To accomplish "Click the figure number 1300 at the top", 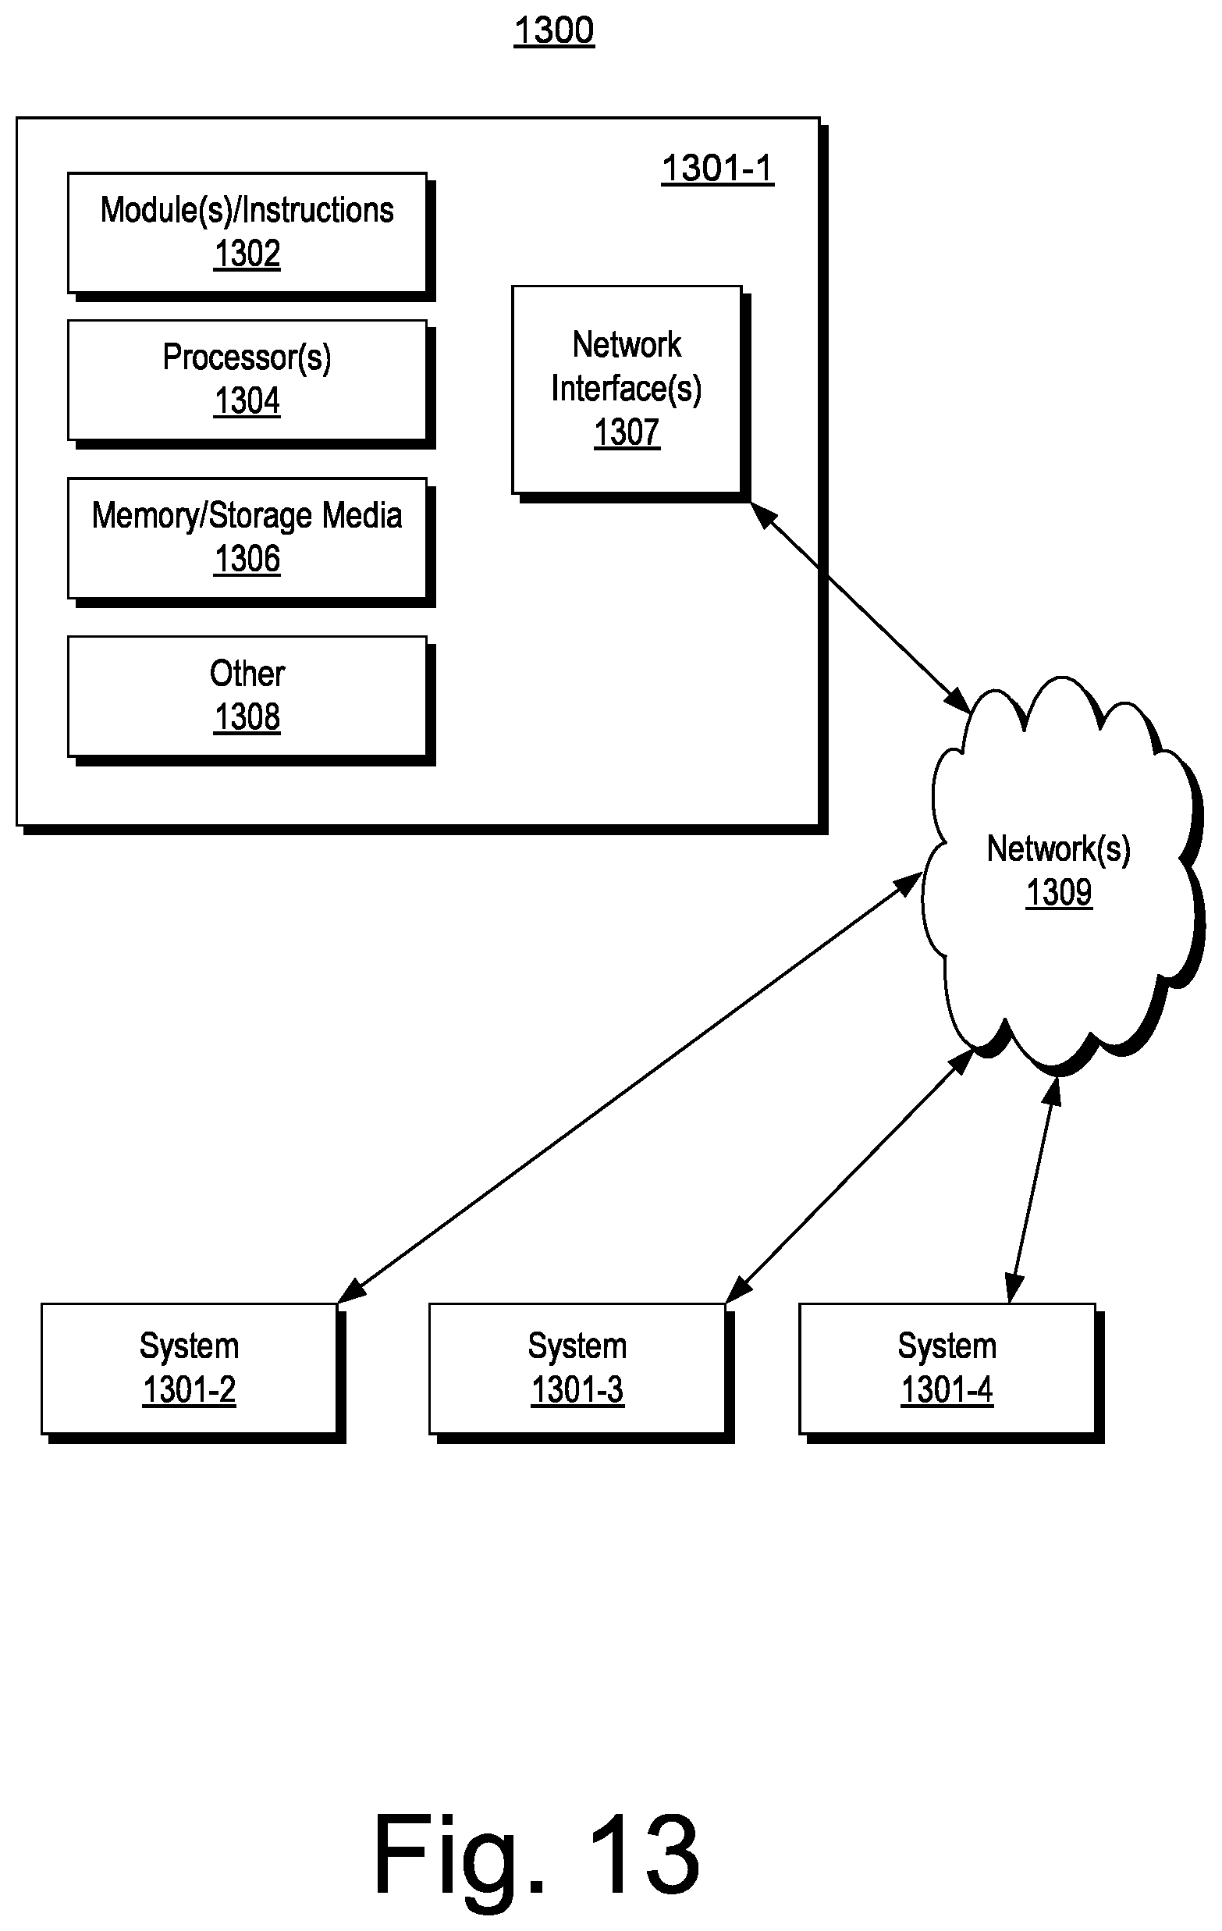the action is pyautogui.click(x=553, y=31).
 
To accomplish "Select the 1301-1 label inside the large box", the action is pyautogui.click(x=717, y=169).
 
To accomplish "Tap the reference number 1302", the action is pyautogui.click(x=247, y=254).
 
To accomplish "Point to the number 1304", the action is pyautogui.click(x=247, y=401).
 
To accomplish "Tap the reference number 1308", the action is pyautogui.click(x=247, y=717).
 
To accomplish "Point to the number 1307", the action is pyautogui.click(x=627, y=433).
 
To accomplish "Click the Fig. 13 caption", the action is pyautogui.click(x=536, y=1855).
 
